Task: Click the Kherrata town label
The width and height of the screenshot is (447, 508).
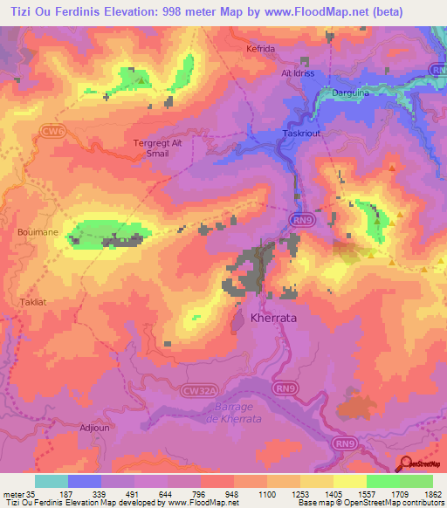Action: point(273,319)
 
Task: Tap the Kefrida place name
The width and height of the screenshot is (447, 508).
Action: point(260,49)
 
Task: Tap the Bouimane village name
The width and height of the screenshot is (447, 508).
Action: point(35,233)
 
